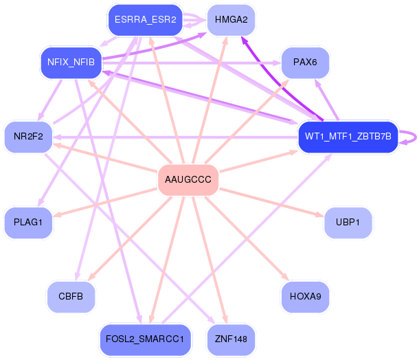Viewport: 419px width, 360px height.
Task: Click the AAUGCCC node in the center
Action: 188,180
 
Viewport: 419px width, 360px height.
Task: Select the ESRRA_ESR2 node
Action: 146,20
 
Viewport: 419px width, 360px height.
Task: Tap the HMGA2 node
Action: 231,20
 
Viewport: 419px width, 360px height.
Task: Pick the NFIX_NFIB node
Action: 71,63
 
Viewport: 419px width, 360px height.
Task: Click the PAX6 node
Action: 305,63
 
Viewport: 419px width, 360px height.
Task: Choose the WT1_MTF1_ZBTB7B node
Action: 348,136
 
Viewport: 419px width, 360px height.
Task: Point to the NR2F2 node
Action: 28,136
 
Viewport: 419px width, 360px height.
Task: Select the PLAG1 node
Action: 28,222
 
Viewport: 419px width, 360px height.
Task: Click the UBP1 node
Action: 348,222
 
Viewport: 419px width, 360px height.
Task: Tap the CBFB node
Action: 71,297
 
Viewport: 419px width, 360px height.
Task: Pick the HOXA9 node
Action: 305,297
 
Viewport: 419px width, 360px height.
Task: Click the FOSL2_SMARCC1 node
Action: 146,339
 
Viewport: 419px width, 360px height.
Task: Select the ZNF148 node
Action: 231,339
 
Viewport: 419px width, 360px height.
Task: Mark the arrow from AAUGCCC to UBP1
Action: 275,203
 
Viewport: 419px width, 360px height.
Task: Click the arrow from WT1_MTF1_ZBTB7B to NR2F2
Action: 172,137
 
